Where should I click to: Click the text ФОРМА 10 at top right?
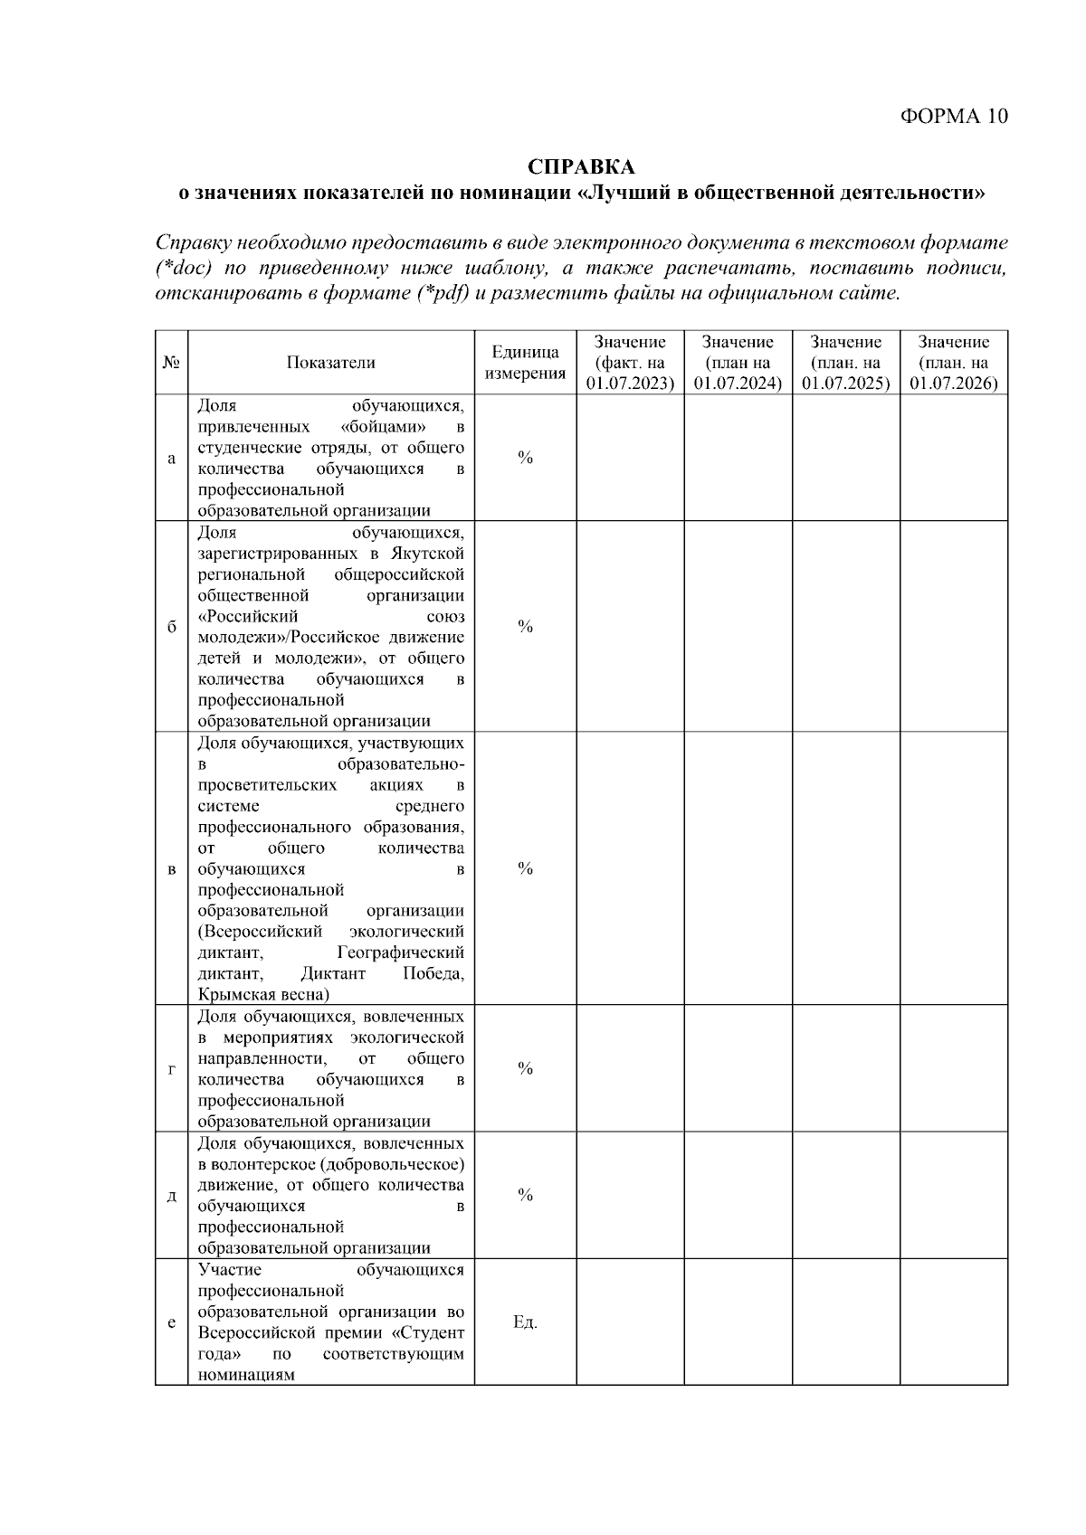953,116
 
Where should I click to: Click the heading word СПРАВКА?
581,167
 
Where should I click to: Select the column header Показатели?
330,363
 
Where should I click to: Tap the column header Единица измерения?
525,363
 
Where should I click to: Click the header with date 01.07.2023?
630,363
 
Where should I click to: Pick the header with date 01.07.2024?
738,363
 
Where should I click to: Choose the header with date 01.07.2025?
845,363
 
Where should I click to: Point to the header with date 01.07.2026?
953,363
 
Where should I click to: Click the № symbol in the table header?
171,363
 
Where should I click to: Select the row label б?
171,627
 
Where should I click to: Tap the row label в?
171,869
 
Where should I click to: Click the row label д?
171,1195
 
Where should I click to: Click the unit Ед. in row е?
525,1322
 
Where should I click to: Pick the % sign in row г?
525,1068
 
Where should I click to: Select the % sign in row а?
525,458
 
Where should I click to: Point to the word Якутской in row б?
428,554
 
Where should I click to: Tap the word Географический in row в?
400,953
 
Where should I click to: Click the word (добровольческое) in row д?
390,1164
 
